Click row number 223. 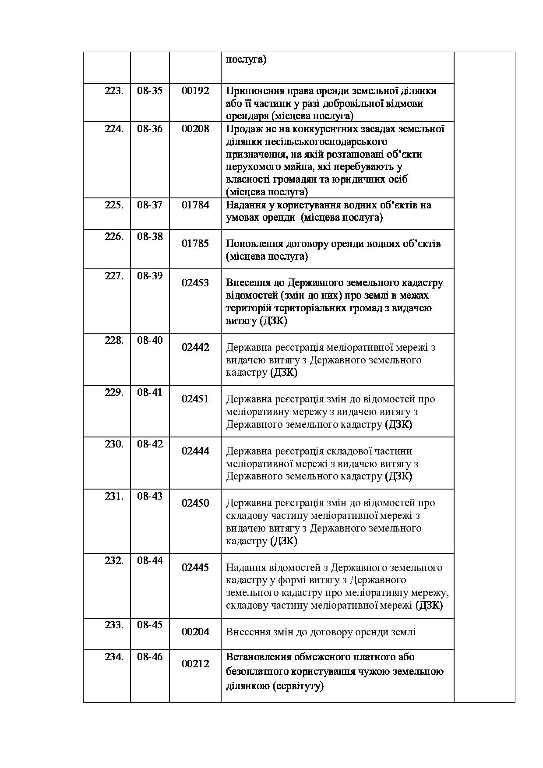click(114, 91)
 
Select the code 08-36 click(149, 129)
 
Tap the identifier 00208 click(195, 129)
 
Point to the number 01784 click(195, 205)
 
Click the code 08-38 click(149, 236)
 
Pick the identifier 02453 click(195, 283)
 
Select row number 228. click(114, 340)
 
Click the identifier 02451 click(195, 399)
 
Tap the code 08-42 click(149, 444)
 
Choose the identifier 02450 click(195, 503)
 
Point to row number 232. click(114, 560)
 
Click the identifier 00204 click(195, 632)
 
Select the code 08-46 click(149, 657)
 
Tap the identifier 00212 click(195, 664)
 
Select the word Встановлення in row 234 click(255, 657)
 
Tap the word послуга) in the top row click(246, 60)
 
